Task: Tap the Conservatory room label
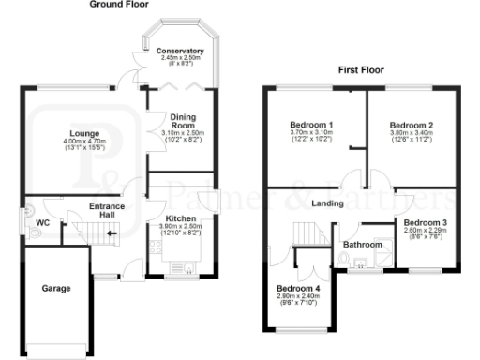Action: [x=180, y=51]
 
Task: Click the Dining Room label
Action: [x=183, y=122]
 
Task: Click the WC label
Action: [x=42, y=223]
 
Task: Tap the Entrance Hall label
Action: [x=108, y=211]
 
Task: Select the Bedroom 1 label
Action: [x=308, y=125]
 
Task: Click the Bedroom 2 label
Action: [x=411, y=125]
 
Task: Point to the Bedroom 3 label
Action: [x=426, y=222]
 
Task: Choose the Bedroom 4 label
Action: [x=298, y=288]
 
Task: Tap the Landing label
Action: [x=327, y=203]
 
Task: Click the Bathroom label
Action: [x=363, y=245]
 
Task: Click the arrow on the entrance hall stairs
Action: [x=111, y=229]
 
